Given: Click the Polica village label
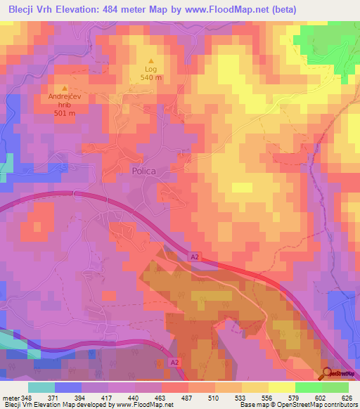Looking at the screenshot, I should coord(143,171).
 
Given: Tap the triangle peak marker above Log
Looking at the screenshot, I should coord(150,61).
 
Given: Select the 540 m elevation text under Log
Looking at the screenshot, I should coord(150,79).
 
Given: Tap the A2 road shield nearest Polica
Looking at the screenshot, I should coord(194,258).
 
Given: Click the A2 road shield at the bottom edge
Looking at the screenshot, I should coord(174,363).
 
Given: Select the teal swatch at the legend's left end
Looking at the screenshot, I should coord(41,387).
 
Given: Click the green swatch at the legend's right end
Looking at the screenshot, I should coord(335,387).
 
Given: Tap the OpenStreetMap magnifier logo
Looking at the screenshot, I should coord(328,373).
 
